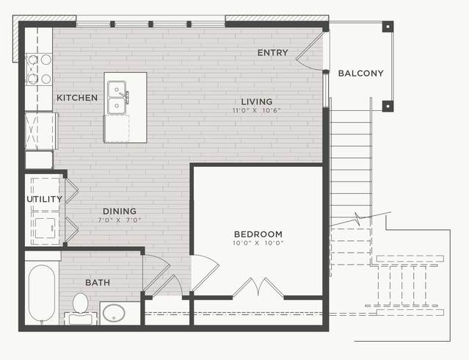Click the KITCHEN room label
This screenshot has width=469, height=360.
pos(77,98)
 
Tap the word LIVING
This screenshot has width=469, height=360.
pos(257,101)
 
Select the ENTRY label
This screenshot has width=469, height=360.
pos(273,53)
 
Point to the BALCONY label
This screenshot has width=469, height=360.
pos(360,73)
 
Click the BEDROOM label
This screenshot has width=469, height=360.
pos(258,234)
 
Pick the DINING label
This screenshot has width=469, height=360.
pos(120,211)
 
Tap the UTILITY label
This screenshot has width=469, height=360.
pos(44,199)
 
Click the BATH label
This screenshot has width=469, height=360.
pos(98,282)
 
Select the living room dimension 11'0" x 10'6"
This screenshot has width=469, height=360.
pos(257,110)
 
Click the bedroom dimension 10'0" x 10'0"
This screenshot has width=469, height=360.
pos(258,243)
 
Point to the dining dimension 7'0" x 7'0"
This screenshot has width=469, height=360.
pos(120,220)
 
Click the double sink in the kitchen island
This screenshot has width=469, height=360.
pos(117,97)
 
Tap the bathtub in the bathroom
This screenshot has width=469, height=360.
pos(42,294)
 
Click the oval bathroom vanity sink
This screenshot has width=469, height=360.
pos(114,313)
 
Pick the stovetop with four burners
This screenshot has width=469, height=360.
pos(39,69)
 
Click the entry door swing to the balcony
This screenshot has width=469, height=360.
pos(310,51)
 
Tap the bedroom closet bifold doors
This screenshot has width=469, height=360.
pos(258,287)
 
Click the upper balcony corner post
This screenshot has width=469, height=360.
pos(388,26)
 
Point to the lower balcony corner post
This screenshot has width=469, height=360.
pos(388,106)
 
